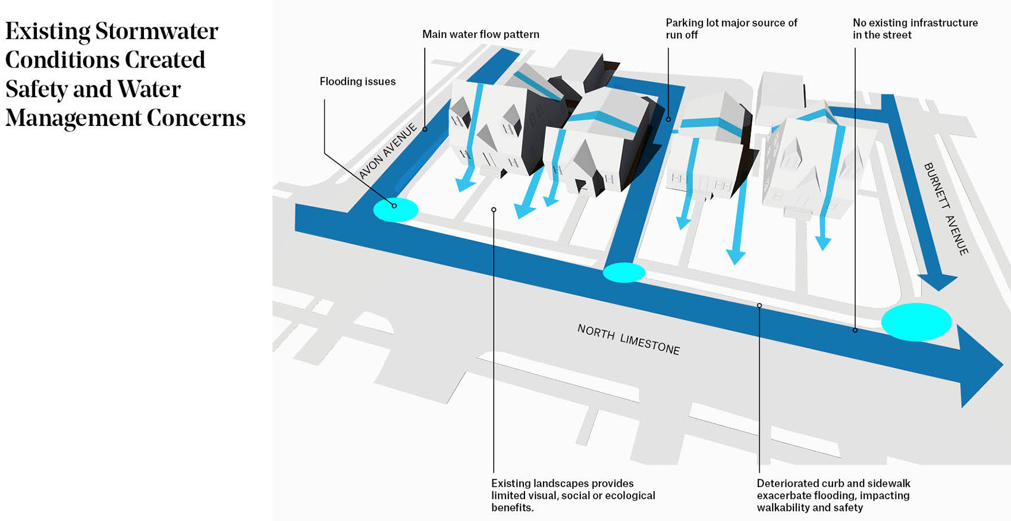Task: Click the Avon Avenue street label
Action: [388, 151]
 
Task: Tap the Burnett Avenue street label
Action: [946, 209]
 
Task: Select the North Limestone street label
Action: [629, 339]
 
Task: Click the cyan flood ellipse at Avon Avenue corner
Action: [396, 210]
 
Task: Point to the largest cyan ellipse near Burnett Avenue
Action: [916, 322]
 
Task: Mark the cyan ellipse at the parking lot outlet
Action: [624, 272]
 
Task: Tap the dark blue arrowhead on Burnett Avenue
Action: [937, 282]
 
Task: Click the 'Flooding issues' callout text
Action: [357, 81]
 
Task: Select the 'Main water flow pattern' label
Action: [481, 34]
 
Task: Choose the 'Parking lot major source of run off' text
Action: [731, 29]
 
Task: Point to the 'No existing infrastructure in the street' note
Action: [915, 29]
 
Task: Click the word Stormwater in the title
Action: [157, 31]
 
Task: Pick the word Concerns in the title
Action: [196, 118]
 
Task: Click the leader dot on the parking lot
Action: [668, 119]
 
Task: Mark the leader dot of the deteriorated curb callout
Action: [759, 305]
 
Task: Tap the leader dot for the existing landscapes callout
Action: [494, 210]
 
